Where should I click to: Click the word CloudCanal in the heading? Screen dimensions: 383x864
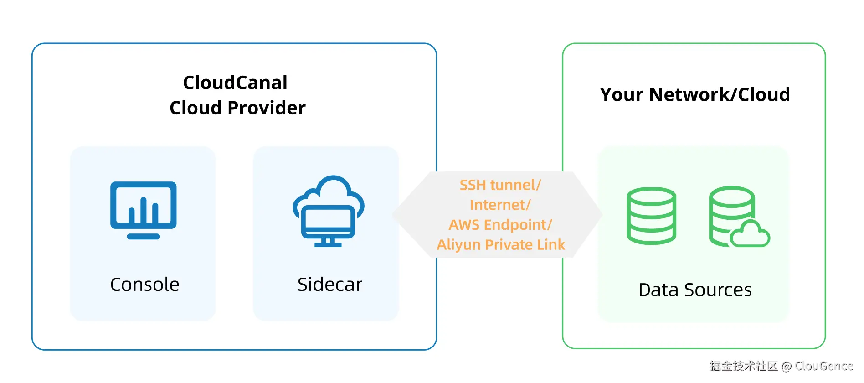tap(235, 83)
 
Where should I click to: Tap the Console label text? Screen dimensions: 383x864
tap(144, 285)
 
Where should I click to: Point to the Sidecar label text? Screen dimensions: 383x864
tap(329, 285)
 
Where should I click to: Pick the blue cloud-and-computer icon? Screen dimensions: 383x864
tap(328, 211)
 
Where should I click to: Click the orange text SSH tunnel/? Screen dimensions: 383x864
tap(500, 185)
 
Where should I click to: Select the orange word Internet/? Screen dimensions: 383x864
tap(500, 205)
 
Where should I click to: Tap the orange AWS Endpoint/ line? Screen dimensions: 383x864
tap(500, 225)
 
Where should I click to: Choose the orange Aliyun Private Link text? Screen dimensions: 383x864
tap(500, 245)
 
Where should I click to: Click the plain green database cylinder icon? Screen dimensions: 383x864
tap(651, 216)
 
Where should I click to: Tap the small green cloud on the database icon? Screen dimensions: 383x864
tap(750, 234)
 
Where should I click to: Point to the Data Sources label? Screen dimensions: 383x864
tap(695, 290)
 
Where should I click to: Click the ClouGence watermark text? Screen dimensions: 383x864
tap(823, 366)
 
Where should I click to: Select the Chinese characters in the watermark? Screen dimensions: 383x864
tap(743, 366)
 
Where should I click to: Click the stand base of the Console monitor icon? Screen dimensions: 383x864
tap(143, 237)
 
